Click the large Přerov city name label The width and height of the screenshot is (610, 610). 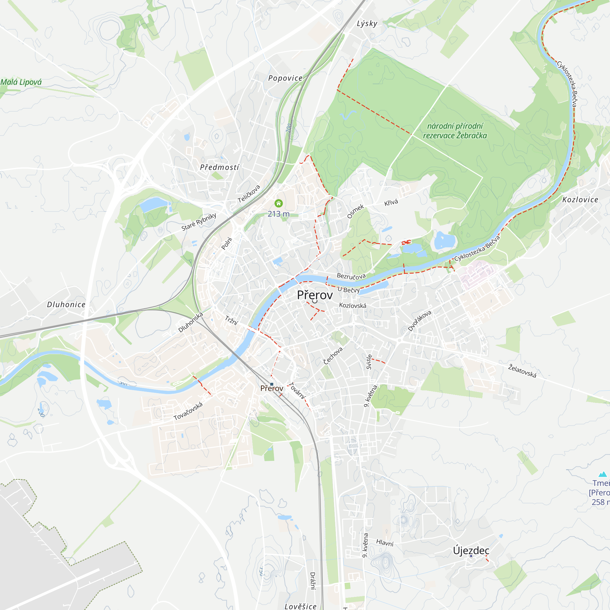(x=315, y=295)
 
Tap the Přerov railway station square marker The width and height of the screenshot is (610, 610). (x=271, y=384)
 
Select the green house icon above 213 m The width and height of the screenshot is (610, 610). (x=278, y=203)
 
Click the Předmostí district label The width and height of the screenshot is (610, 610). (x=219, y=167)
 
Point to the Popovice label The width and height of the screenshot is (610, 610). (x=285, y=78)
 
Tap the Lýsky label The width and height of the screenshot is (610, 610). (x=367, y=24)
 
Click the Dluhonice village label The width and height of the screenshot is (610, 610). (x=66, y=304)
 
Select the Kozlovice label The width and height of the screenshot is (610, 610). (x=580, y=199)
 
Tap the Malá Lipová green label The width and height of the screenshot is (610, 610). (x=21, y=82)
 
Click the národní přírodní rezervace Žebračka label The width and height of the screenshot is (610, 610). (x=455, y=131)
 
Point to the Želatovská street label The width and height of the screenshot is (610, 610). (x=522, y=371)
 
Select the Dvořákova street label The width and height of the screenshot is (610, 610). (x=419, y=321)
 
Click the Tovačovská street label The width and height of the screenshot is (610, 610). (x=188, y=411)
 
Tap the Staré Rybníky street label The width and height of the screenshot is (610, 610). (x=199, y=222)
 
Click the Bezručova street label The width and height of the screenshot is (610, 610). (x=351, y=276)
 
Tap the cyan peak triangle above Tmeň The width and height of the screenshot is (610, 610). (x=603, y=474)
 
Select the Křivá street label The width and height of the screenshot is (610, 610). (x=391, y=203)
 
